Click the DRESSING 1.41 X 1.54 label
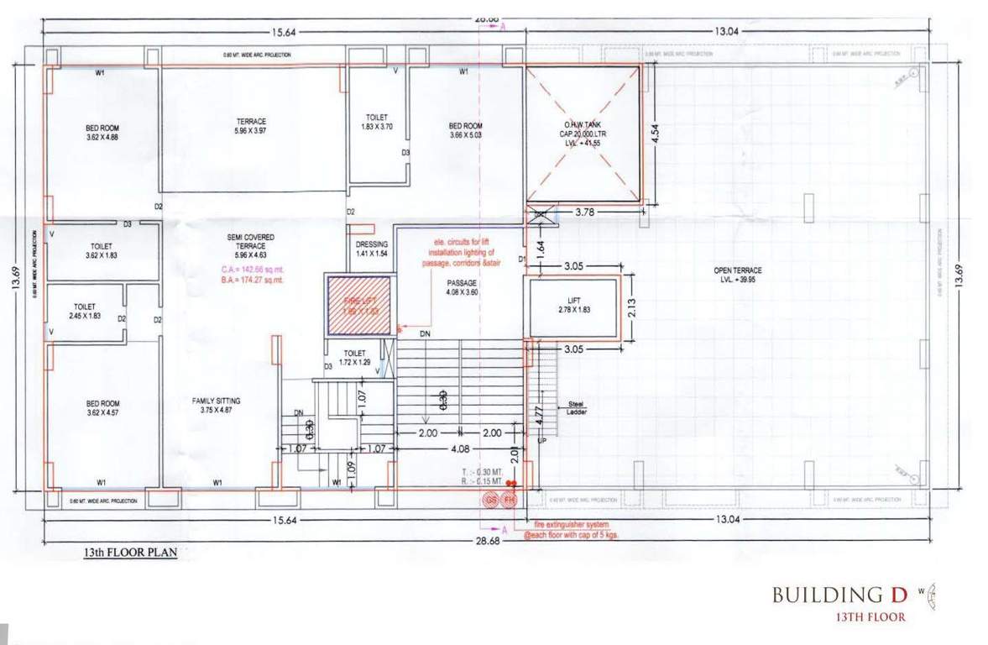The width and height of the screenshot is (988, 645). [x=372, y=249]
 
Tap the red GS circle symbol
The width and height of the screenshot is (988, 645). [x=490, y=501]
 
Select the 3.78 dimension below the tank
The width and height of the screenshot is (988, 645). [x=585, y=213]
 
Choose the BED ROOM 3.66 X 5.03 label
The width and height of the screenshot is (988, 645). [x=465, y=130]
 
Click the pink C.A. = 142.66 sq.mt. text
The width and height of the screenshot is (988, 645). [x=248, y=269]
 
